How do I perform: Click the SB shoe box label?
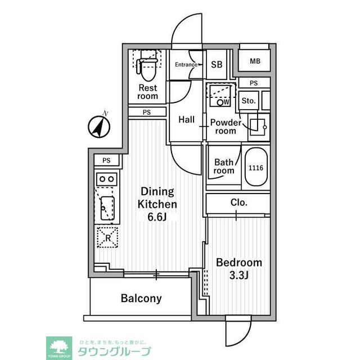click(217, 65)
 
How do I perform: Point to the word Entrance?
click(186, 65)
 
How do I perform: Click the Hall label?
click(186, 120)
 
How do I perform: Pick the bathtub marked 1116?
click(256, 168)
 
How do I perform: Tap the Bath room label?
click(223, 167)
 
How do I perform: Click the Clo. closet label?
click(239, 202)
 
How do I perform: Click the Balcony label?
click(141, 299)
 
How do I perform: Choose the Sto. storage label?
click(248, 101)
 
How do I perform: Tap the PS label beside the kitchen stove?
click(106, 161)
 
